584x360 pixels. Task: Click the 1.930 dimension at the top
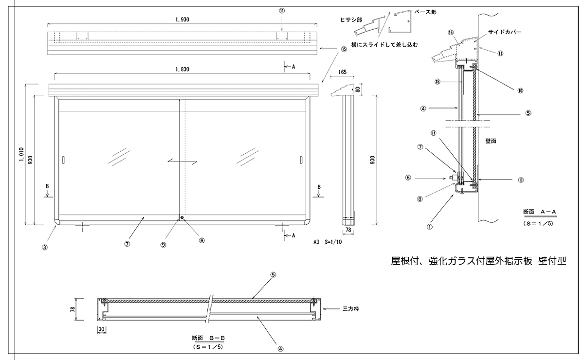pyautogui.click(x=182, y=19)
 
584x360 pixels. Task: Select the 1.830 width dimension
pyautogui.click(x=182, y=70)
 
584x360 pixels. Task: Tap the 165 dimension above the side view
pyautogui.click(x=342, y=72)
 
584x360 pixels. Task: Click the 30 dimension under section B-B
pyautogui.click(x=101, y=329)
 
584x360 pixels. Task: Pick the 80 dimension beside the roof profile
pyautogui.click(x=358, y=90)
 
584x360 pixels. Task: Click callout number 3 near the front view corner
pyautogui.click(x=44, y=247)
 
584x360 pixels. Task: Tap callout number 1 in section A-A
pyautogui.click(x=429, y=225)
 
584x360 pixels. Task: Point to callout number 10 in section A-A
pyautogui.click(x=520, y=90)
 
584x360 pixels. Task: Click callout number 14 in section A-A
pyautogui.click(x=433, y=133)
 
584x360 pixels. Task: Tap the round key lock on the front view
pyautogui.click(x=181, y=217)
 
